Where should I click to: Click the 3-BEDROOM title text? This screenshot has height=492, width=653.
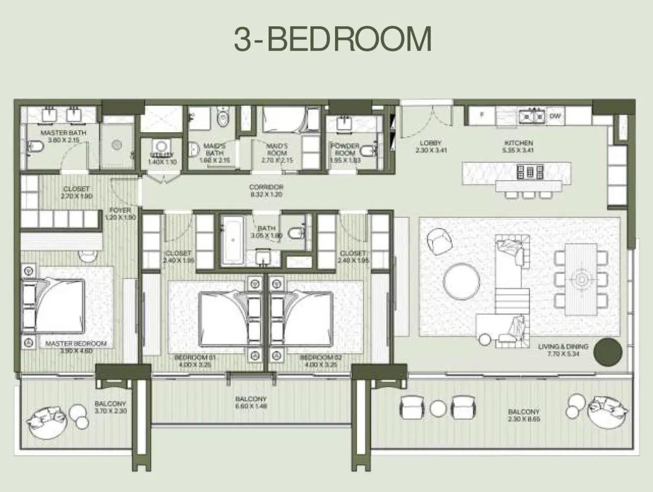point(332,39)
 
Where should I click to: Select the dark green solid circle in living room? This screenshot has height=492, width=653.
point(607,352)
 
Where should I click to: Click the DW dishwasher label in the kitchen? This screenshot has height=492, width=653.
point(555,115)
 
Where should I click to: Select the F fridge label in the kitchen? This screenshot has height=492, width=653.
point(482,115)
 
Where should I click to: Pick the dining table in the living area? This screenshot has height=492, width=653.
point(581,279)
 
